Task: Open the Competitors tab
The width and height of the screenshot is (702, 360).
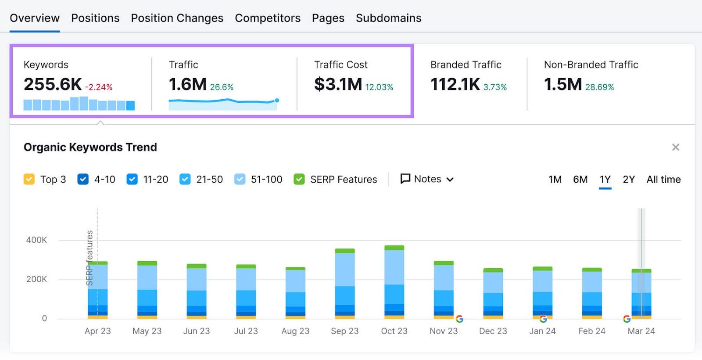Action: point(268,18)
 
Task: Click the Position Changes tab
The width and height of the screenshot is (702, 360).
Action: point(177,18)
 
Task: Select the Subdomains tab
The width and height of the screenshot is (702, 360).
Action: point(388,18)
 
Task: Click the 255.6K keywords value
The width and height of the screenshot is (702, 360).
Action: point(53,84)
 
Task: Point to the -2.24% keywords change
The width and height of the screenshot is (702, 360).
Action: point(99,87)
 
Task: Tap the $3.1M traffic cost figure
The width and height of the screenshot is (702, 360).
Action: point(338,84)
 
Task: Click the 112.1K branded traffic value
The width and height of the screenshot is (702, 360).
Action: point(455,84)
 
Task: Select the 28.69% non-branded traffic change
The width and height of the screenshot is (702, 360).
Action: point(599,87)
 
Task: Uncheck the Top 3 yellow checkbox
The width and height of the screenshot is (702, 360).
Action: point(29,179)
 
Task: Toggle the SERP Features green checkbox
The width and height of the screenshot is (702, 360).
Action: point(299,179)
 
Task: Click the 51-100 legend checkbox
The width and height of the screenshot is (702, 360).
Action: point(240,179)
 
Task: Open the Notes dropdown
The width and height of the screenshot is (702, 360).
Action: point(427,179)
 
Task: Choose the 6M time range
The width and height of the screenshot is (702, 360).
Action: point(580,179)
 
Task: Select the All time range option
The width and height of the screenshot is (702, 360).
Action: point(663,179)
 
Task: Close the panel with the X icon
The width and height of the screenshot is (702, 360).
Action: point(676,147)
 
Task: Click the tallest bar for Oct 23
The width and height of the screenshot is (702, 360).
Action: point(394,281)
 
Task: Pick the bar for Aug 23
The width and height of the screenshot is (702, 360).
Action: point(295,292)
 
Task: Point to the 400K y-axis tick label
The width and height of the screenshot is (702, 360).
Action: point(36,240)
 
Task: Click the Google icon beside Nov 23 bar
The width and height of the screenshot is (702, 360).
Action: point(459,319)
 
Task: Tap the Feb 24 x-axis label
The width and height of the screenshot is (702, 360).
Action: point(591,331)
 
